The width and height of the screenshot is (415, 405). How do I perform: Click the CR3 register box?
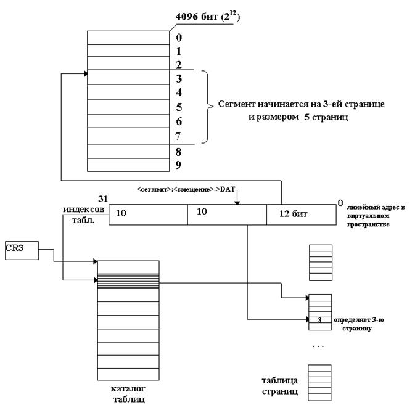tap(20, 250)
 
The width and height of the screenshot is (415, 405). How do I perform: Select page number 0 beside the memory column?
tap(178, 38)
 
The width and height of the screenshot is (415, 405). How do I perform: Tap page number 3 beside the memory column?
tap(178, 79)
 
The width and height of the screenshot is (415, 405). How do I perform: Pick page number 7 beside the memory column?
tap(178, 134)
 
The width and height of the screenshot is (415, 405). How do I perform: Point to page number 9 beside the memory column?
tap(178, 165)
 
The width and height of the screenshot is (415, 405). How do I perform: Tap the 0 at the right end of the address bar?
tap(340, 202)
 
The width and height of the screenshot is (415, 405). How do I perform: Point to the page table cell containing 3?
tap(320, 320)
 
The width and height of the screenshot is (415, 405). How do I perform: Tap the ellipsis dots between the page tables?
tap(319, 346)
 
